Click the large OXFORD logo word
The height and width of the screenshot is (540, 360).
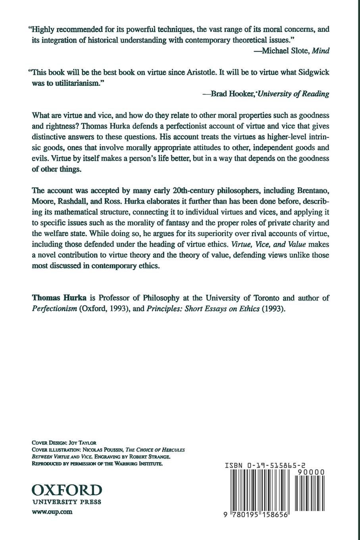tap(66, 489)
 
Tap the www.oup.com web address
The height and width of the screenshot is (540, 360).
tap(52, 512)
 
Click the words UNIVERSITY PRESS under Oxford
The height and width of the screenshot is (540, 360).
tap(66, 501)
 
